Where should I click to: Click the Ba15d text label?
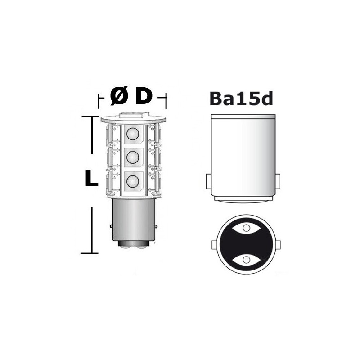point(242,98)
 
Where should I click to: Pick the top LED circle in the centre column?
point(132,134)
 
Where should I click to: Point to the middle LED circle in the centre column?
point(132,157)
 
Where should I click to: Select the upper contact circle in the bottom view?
point(246,228)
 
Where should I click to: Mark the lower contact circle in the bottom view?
point(246,260)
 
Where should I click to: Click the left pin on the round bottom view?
point(214,245)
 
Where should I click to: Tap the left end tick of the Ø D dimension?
point(99,101)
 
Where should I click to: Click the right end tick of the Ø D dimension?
point(166,101)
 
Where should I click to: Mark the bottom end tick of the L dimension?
point(89,253)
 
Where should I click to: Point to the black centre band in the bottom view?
point(246,244)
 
